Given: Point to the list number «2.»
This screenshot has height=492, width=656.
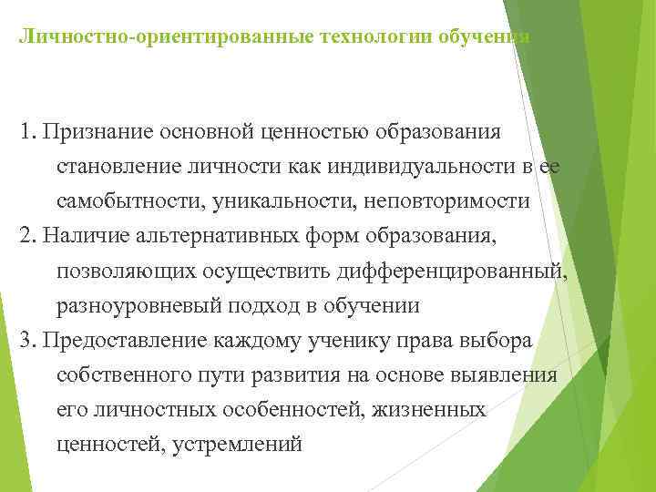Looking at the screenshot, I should point(26,237).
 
